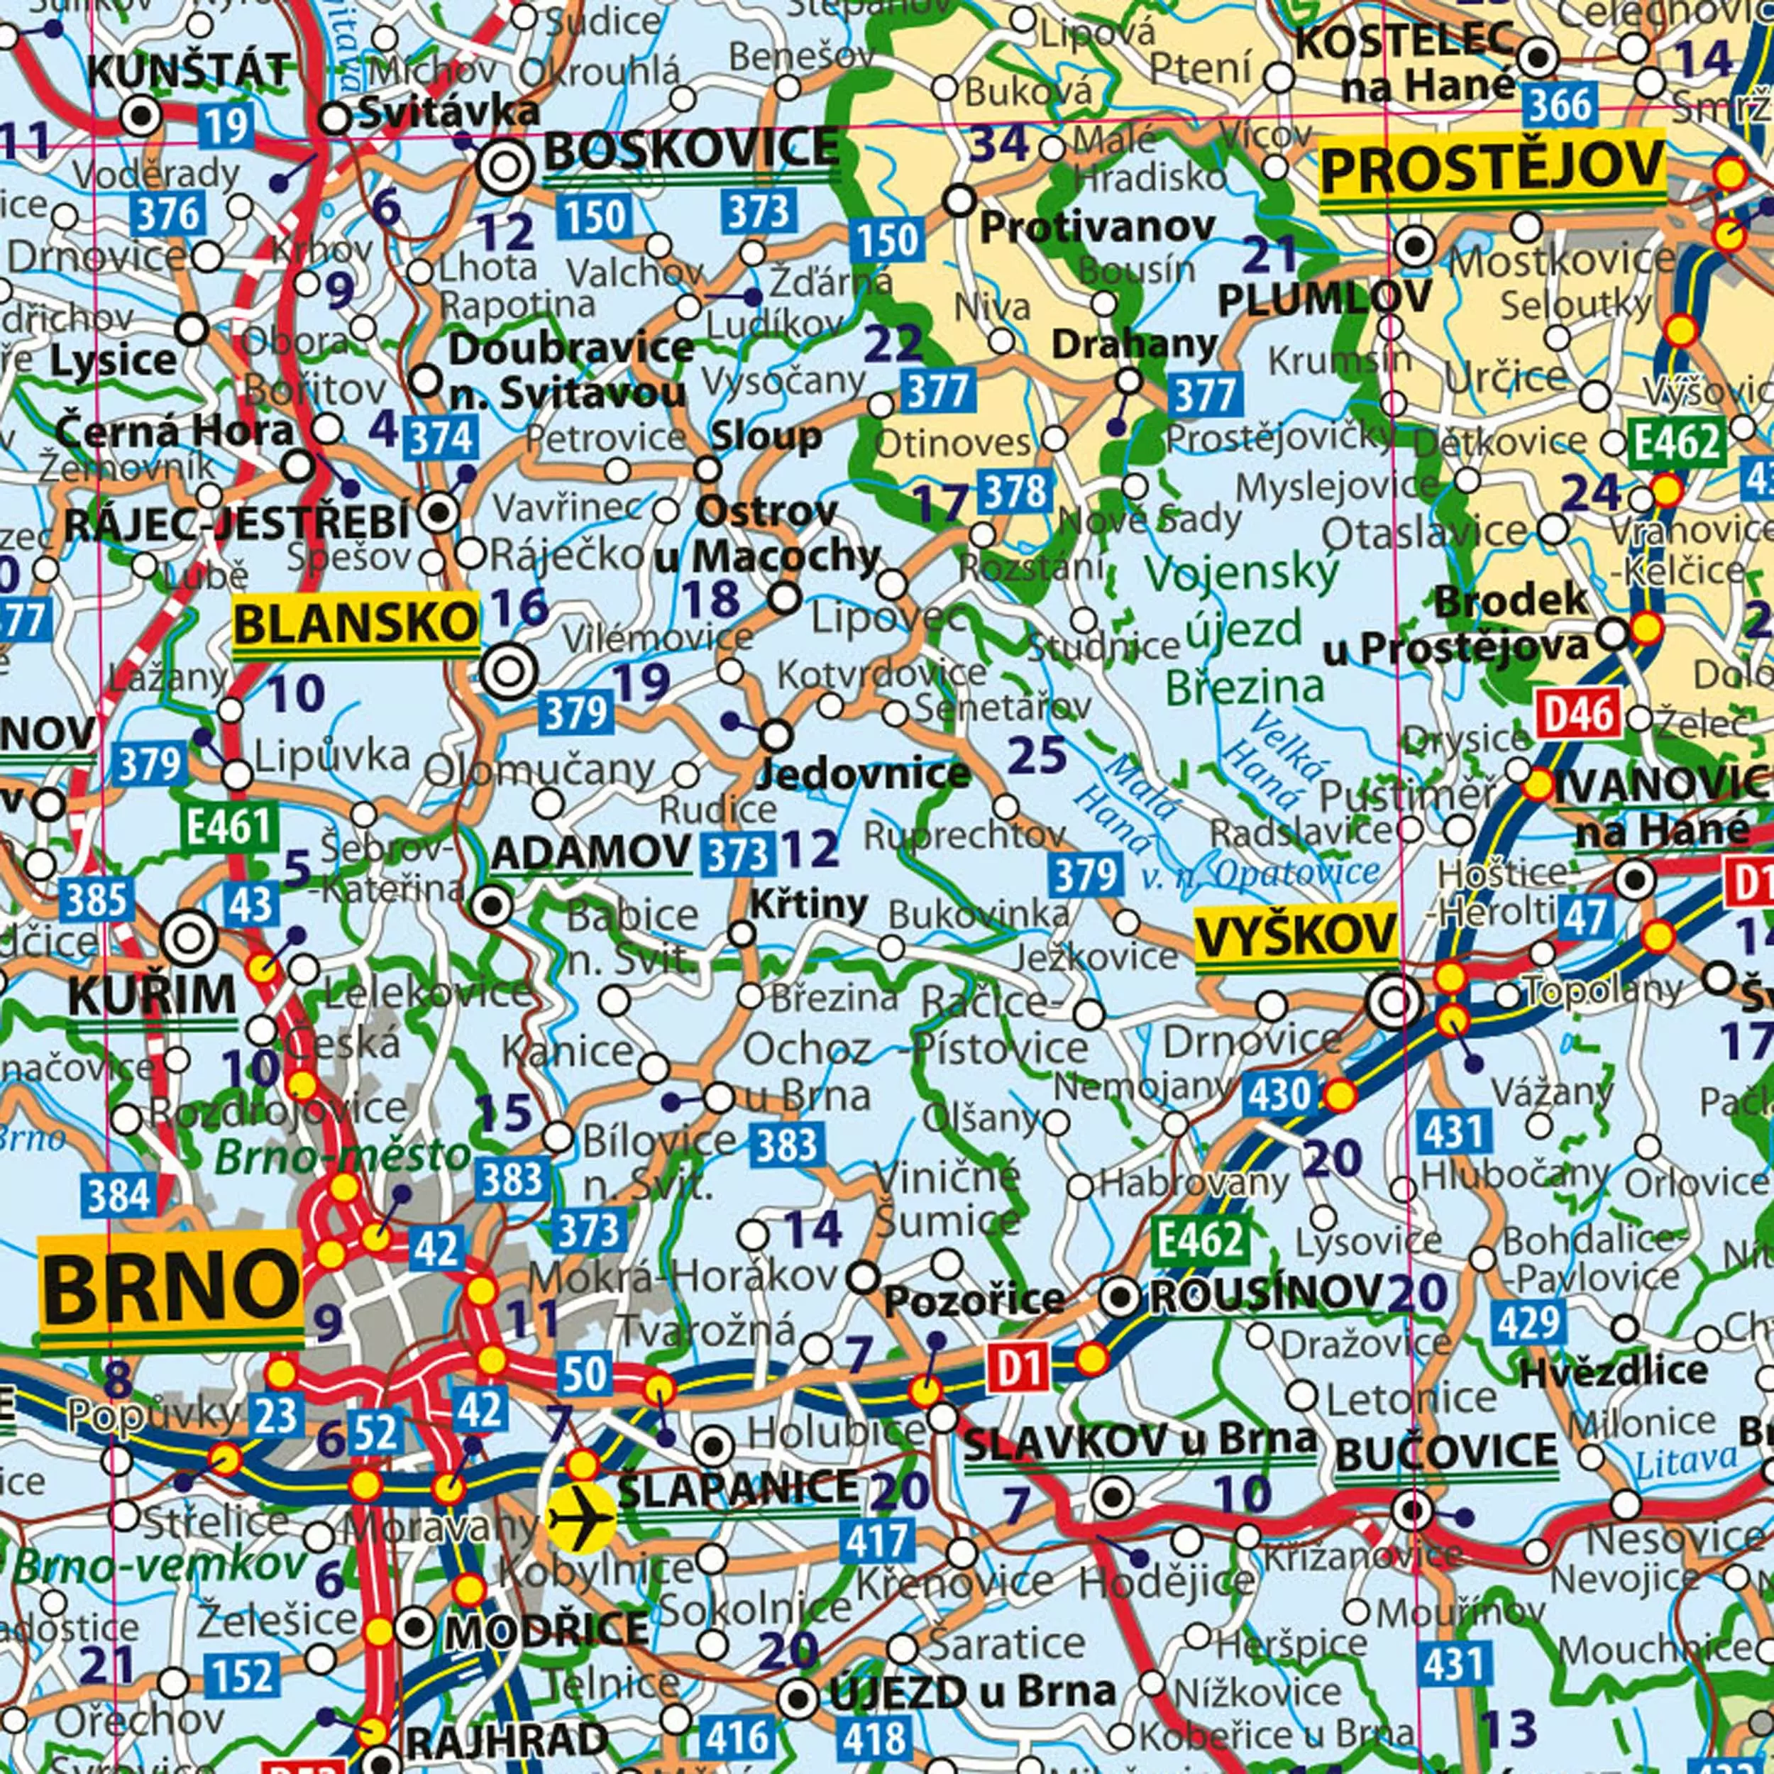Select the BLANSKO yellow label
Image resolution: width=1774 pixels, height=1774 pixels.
[356, 624]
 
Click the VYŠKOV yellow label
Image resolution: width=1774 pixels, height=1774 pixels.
[1296, 937]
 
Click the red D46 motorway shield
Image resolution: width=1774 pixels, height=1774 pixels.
[1578, 713]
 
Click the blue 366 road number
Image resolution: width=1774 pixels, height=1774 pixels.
[1558, 106]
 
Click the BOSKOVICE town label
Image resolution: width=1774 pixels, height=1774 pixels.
[691, 150]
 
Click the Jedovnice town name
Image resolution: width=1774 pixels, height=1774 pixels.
[863, 773]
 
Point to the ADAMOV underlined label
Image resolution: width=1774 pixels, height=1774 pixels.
[590, 854]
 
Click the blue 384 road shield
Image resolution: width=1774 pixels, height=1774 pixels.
[119, 1196]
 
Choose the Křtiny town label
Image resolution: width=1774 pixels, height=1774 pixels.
[809, 905]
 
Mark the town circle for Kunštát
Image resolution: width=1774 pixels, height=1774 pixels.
[141, 116]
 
